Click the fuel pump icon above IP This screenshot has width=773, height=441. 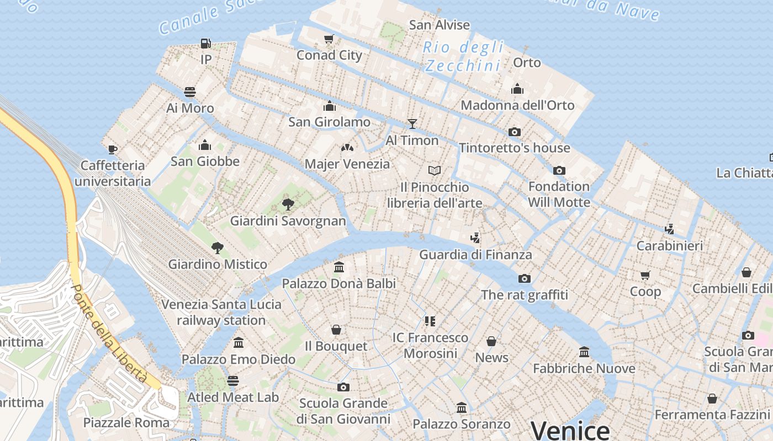pyautogui.click(x=206, y=43)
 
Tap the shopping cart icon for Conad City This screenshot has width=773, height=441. pyautogui.click(x=329, y=39)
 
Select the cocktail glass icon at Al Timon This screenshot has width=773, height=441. pyautogui.click(x=412, y=123)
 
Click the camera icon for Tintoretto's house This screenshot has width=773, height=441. pyautogui.click(x=515, y=132)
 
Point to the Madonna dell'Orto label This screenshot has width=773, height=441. pyautogui.click(x=517, y=105)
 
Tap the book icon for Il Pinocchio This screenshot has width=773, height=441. pyautogui.click(x=435, y=171)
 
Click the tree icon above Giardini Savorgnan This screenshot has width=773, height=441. pyautogui.click(x=288, y=205)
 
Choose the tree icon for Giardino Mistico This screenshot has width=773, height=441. pyautogui.click(x=218, y=248)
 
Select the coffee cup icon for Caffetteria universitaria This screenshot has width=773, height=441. pyautogui.click(x=113, y=149)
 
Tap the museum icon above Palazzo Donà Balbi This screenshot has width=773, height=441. pyautogui.click(x=339, y=267)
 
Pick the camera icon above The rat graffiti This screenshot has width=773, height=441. pyautogui.click(x=525, y=278)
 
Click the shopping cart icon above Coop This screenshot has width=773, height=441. pyautogui.click(x=645, y=275)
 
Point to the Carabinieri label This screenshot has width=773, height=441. pyautogui.click(x=670, y=245)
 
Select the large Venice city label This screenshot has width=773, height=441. pyautogui.click(x=570, y=430)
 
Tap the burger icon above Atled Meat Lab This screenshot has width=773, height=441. pyautogui.click(x=233, y=381)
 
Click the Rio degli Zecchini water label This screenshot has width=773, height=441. pyautogui.click(x=464, y=56)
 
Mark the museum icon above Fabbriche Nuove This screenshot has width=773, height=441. pyautogui.click(x=584, y=352)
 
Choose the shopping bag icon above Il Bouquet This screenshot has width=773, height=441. pyautogui.click(x=336, y=330)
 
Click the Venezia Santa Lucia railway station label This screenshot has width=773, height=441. pyautogui.click(x=221, y=312)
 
